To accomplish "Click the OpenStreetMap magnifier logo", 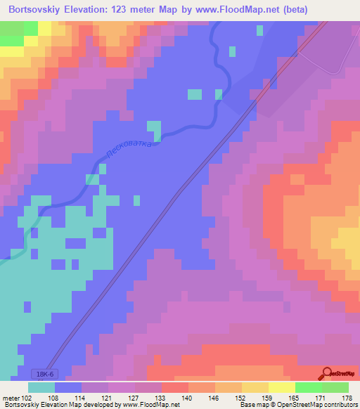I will coord(327,373).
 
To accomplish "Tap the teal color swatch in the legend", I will coord(41,387).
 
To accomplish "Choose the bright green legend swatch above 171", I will coord(308,387).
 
